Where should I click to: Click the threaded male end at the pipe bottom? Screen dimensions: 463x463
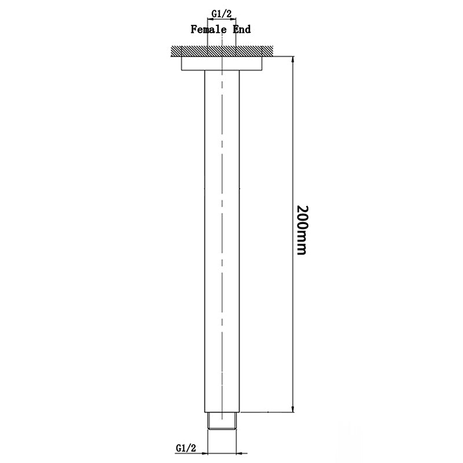[x=223, y=421]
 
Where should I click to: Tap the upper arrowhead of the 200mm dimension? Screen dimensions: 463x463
[x=293, y=58]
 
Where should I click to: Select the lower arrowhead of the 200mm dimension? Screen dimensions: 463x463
[x=293, y=408]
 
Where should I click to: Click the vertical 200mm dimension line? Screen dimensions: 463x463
[x=293, y=145]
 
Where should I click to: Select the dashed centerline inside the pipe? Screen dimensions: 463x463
[x=223, y=231]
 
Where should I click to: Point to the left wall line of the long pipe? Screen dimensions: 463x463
[x=205, y=231]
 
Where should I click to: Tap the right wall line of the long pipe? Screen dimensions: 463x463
[x=240, y=231]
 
